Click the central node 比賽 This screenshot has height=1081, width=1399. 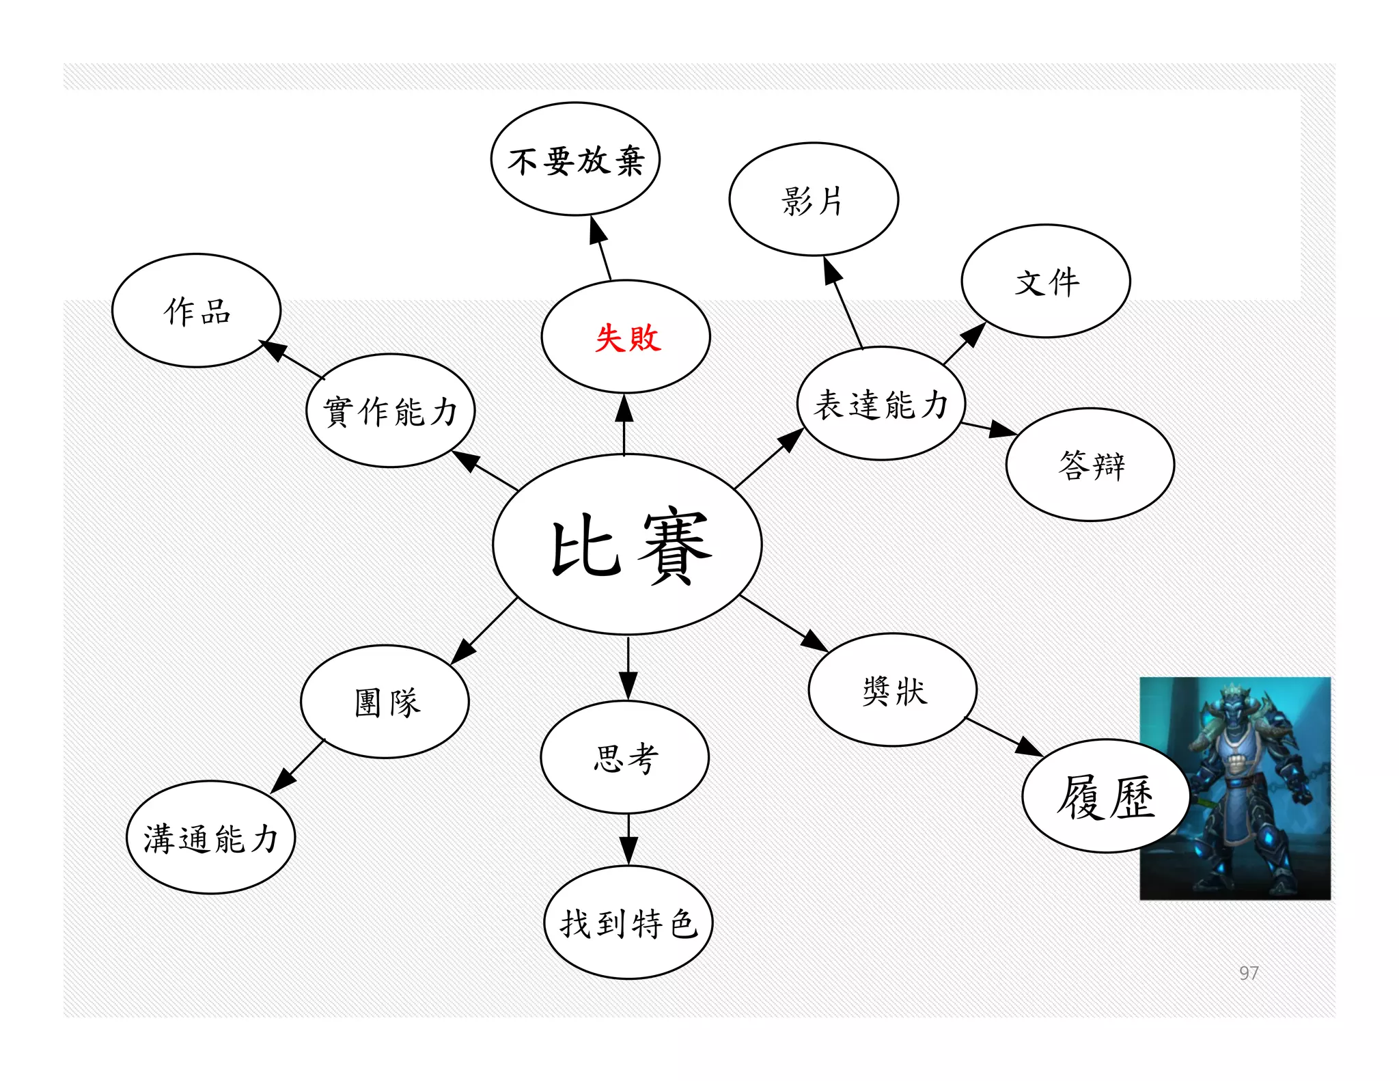(x=627, y=545)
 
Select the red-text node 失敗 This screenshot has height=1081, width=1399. (x=626, y=337)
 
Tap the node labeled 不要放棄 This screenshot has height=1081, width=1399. (x=575, y=160)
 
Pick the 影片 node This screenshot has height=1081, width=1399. (x=813, y=200)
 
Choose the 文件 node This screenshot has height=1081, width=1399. (x=1045, y=282)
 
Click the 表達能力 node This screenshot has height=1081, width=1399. (x=881, y=404)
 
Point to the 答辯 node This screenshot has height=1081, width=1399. (x=1090, y=465)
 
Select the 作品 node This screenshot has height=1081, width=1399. (x=197, y=311)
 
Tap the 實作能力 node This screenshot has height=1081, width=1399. (x=390, y=411)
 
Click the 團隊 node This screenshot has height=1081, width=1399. (x=385, y=702)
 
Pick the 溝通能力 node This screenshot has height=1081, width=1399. (x=210, y=838)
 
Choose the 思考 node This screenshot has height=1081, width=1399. (x=625, y=757)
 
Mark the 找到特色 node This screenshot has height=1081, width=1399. (x=628, y=922)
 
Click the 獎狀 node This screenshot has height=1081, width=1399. (x=893, y=690)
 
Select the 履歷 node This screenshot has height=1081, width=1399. (x=1105, y=796)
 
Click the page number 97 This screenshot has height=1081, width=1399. (x=1249, y=972)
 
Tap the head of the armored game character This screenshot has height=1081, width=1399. (x=1237, y=704)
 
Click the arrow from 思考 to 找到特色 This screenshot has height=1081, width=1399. (x=628, y=839)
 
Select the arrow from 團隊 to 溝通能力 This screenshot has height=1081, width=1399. (x=297, y=767)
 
